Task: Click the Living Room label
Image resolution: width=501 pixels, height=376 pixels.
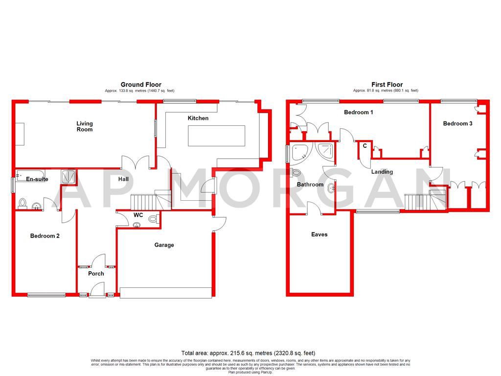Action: [84, 126]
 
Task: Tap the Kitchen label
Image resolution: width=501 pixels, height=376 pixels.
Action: [198, 118]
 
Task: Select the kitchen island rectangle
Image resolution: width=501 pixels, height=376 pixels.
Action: [216, 136]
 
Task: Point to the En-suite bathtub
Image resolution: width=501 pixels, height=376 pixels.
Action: [30, 175]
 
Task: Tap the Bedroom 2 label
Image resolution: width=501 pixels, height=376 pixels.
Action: [45, 236]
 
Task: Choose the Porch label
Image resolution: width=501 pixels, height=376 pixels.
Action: [96, 274]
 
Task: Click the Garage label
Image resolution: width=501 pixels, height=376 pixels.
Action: [164, 245]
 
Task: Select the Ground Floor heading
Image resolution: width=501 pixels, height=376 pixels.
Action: [141, 85]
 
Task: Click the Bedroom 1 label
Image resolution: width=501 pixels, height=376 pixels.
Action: [359, 112]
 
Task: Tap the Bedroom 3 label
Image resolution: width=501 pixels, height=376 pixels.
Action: [457, 123]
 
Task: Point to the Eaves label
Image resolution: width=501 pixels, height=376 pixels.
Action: [319, 235]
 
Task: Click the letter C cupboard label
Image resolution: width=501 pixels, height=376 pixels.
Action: [365, 145]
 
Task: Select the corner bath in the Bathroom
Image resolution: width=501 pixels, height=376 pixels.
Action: [299, 152]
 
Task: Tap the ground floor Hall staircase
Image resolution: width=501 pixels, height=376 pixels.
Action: [143, 201]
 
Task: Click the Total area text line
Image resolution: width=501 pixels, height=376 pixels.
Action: [248, 353]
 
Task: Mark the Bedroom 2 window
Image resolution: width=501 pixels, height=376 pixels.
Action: [46, 295]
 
